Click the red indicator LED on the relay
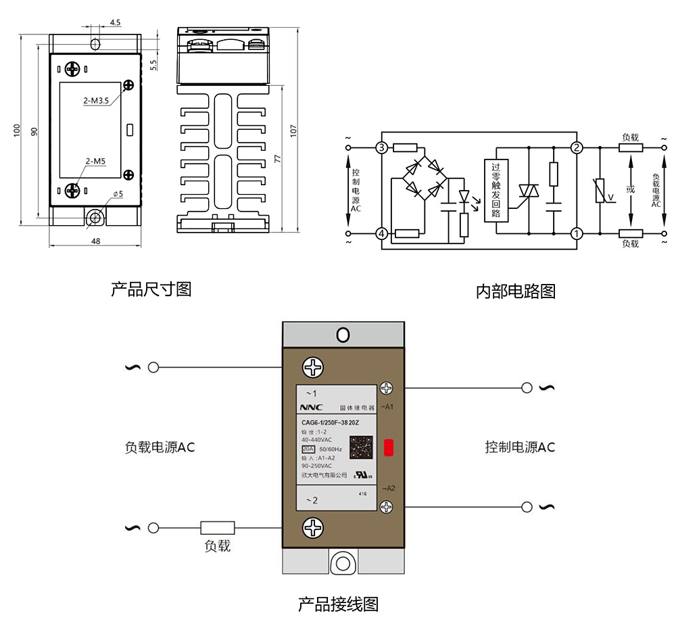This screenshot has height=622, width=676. click(x=389, y=448)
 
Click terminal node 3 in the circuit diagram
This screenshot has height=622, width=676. click(x=382, y=147)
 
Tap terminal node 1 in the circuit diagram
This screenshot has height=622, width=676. click(x=577, y=233)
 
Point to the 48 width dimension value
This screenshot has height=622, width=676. click(x=95, y=241)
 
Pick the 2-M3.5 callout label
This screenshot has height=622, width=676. click(x=97, y=101)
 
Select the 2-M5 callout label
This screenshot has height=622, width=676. click(x=96, y=161)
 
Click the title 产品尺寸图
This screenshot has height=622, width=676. click(x=151, y=289)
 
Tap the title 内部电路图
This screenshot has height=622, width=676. click(x=515, y=291)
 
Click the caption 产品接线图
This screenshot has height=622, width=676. click(x=338, y=604)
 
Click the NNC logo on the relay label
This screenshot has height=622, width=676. click(x=312, y=408)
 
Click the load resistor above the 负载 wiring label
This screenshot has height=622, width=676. click(x=218, y=527)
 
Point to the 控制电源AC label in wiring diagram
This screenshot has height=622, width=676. click(x=519, y=448)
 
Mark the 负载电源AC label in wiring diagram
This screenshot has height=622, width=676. click(x=160, y=448)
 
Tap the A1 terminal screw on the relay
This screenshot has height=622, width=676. click(x=387, y=389)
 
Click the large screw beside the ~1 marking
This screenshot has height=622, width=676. click(x=314, y=368)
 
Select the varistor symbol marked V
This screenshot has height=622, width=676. click(x=600, y=191)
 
